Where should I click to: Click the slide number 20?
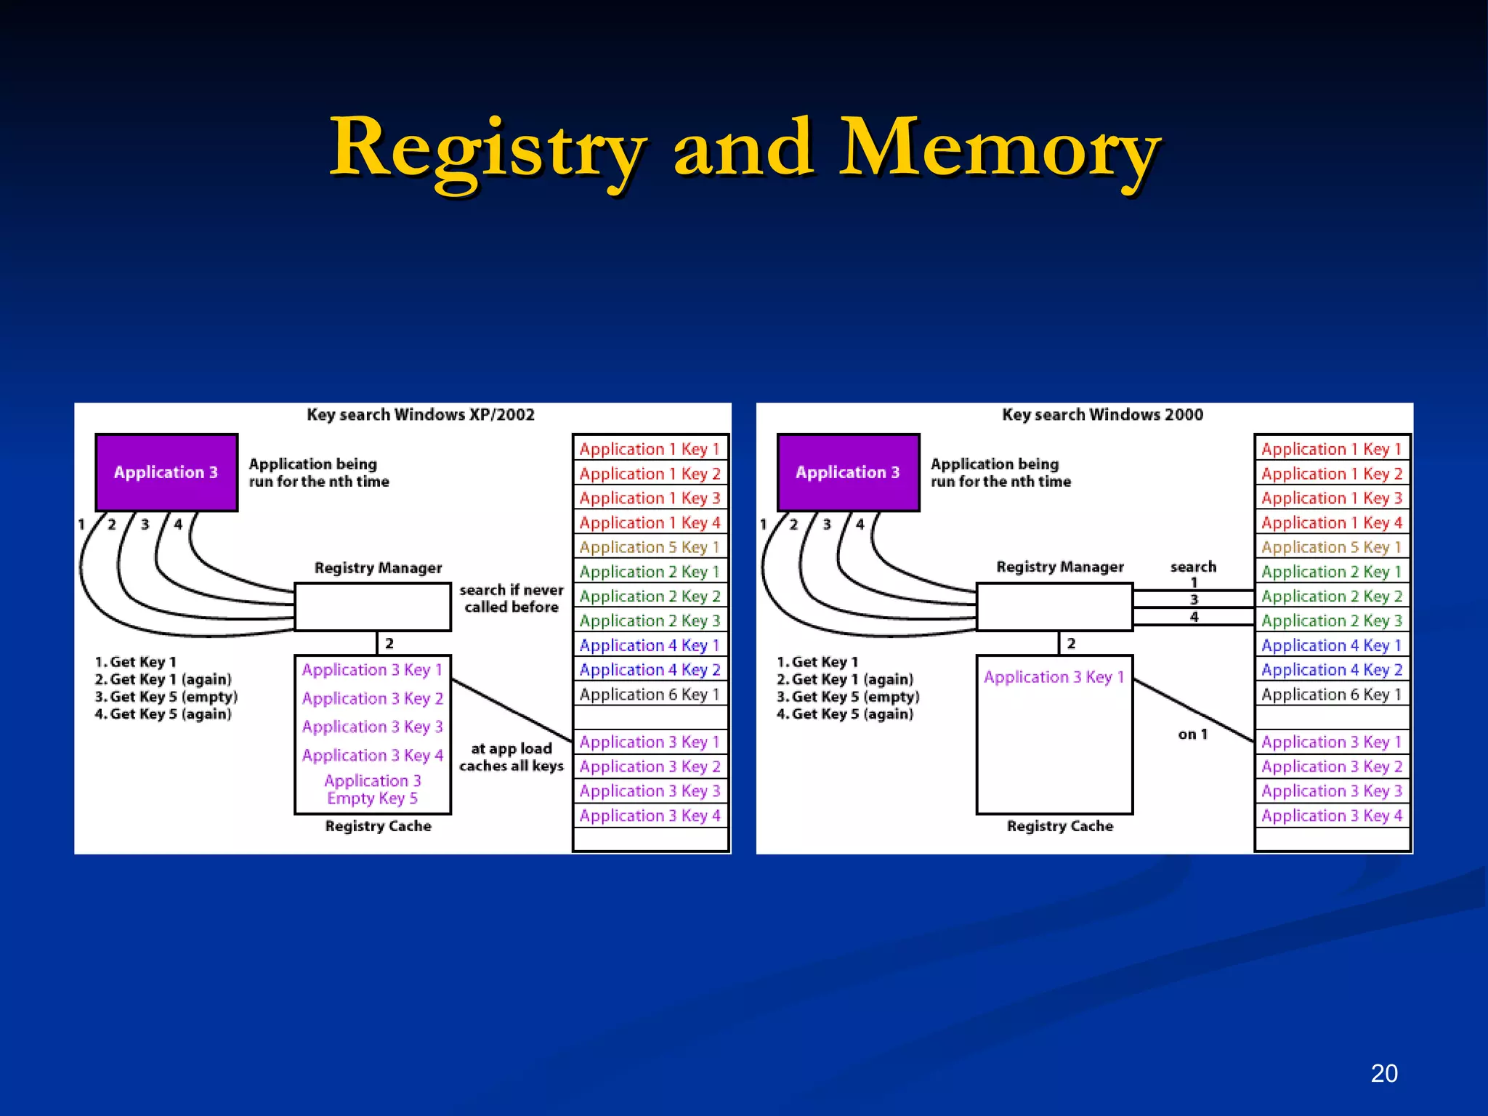pyautogui.click(x=1383, y=1073)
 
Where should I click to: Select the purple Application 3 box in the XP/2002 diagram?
pyautogui.click(x=166, y=472)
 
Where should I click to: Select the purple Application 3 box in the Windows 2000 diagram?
pyautogui.click(x=848, y=472)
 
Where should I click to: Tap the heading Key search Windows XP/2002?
pyautogui.click(x=420, y=415)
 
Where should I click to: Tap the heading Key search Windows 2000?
pyautogui.click(x=1102, y=415)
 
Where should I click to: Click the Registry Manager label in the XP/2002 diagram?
pyautogui.click(x=378, y=567)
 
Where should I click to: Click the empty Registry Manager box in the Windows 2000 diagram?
pyautogui.click(x=1054, y=607)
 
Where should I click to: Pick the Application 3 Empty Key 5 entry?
pyautogui.click(x=372, y=789)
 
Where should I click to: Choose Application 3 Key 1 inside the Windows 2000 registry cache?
pyautogui.click(x=1054, y=677)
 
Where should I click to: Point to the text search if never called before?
pyautogui.click(x=511, y=599)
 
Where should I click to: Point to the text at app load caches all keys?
pyautogui.click(x=511, y=757)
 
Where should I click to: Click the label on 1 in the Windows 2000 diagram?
pyautogui.click(x=1192, y=734)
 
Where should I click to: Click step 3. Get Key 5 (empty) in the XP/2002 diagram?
pyautogui.click(x=166, y=697)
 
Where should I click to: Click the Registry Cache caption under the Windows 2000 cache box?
pyautogui.click(x=1059, y=826)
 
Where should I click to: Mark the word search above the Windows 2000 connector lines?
pyautogui.click(x=1193, y=567)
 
